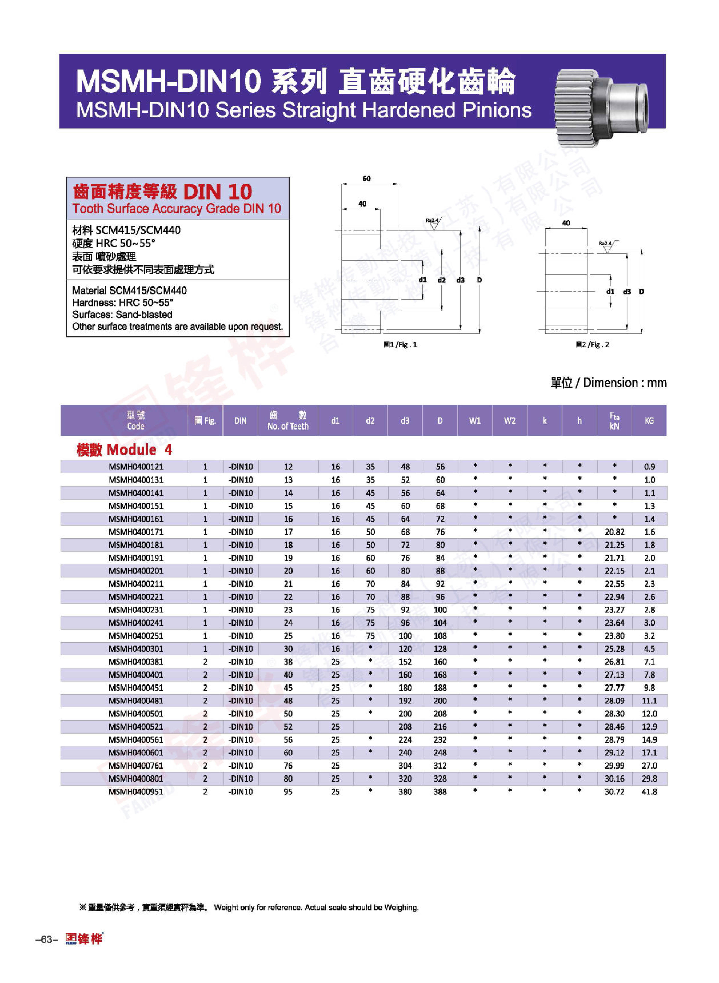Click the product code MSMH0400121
[136, 466]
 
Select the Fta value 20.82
[614, 532]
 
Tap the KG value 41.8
[649, 791]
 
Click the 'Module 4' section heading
[125, 449]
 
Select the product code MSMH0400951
[136, 791]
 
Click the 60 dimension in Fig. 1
[366, 179]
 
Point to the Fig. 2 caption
[592, 345]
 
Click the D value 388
[440, 791]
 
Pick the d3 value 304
[405, 766]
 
